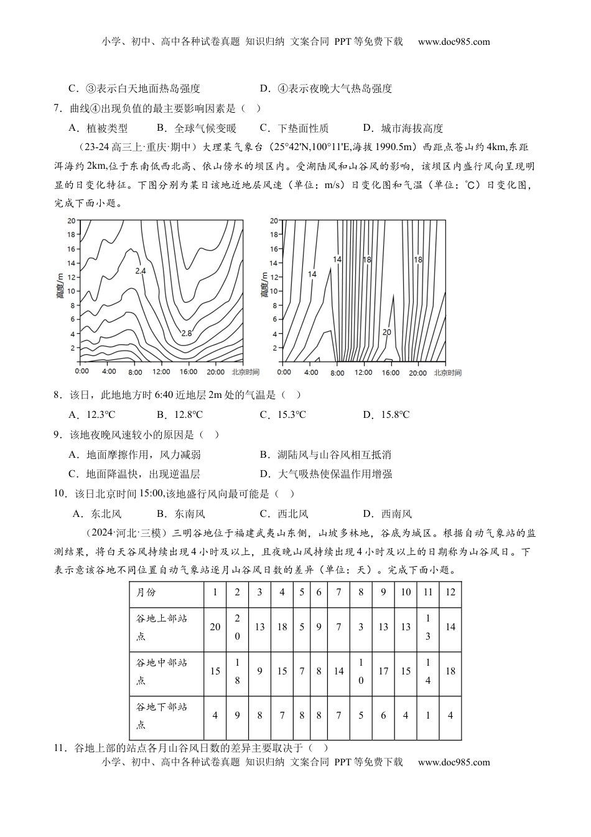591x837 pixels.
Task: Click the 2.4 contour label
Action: [140, 271]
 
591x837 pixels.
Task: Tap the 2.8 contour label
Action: [186, 333]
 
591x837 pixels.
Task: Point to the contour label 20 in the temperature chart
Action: [386, 332]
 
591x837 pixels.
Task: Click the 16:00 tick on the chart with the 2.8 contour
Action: [188, 372]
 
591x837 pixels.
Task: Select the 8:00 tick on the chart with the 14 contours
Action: [337, 372]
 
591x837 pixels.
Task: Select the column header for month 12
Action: [450, 592]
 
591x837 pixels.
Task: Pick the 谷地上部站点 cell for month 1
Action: [215, 627]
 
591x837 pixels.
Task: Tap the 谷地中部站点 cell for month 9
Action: [383, 671]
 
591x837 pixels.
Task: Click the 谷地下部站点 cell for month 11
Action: [428, 716]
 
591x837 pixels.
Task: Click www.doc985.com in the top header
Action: [454, 42]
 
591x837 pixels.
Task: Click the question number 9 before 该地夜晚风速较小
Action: [57, 435]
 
